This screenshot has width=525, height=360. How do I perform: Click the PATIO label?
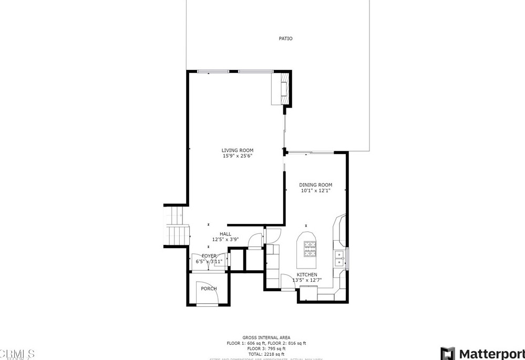point(285,38)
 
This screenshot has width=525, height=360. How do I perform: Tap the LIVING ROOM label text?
point(237,150)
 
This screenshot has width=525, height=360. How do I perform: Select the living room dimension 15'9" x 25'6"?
point(237,156)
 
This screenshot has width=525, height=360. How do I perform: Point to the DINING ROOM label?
point(316,184)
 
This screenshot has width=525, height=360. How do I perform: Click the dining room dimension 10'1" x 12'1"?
point(316,190)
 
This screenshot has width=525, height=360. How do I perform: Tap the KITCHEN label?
point(307,275)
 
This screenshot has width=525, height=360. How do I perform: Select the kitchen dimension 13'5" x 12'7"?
point(307,281)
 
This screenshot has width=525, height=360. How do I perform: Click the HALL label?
point(225,234)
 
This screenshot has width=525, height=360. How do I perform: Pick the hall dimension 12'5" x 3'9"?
point(225,240)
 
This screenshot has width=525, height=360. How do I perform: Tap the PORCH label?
point(208,289)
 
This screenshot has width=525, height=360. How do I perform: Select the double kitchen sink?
point(339,259)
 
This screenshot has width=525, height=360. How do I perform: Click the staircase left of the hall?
point(176,226)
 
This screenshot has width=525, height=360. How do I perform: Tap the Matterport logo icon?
point(448,353)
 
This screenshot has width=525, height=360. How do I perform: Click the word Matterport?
point(491,353)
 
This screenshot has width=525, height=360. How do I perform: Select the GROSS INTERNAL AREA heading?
point(266,337)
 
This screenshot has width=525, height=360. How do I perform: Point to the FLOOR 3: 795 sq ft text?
point(266,348)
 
